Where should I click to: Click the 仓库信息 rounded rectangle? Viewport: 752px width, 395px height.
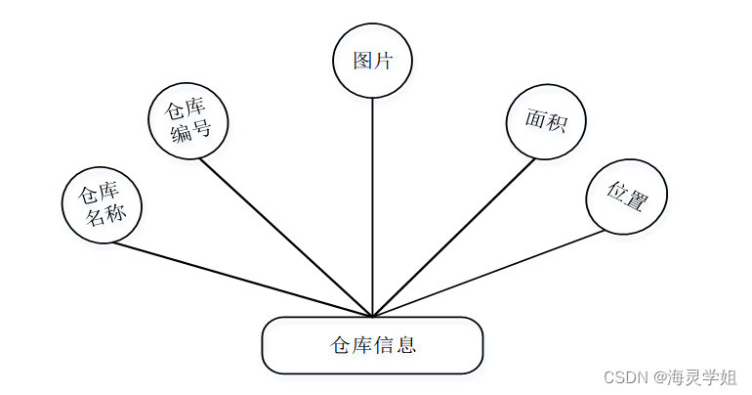click(x=372, y=345)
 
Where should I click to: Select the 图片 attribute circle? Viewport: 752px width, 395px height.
click(x=372, y=61)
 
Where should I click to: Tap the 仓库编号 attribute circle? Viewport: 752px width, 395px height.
click(x=188, y=120)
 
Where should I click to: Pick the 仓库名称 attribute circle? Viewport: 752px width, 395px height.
click(x=102, y=205)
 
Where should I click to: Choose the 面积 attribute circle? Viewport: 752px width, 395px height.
click(x=546, y=121)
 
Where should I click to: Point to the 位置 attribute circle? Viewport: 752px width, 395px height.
click(x=626, y=197)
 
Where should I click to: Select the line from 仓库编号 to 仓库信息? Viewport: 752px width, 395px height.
click(x=283, y=236)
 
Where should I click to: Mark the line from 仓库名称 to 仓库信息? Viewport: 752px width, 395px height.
click(x=244, y=280)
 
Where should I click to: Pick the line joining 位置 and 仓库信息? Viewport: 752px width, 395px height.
click(x=488, y=273)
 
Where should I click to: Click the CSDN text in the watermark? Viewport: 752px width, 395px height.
click(x=620, y=377)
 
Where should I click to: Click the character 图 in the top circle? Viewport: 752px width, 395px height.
click(x=363, y=61)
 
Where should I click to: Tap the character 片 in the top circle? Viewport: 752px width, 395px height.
click(x=383, y=61)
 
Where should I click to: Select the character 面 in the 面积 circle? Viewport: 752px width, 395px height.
click(x=535, y=119)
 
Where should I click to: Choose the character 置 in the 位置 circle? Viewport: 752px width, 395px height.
click(x=636, y=199)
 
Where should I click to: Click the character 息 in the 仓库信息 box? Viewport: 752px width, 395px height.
click(x=407, y=345)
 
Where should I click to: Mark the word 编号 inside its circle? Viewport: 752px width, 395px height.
click(x=190, y=131)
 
